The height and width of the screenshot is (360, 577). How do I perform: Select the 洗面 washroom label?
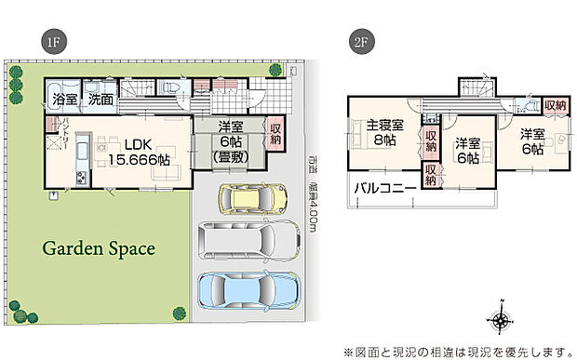tap(101, 98)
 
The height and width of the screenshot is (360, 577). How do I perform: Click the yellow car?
tap(248, 199)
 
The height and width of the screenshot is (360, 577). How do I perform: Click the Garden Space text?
tap(98, 249)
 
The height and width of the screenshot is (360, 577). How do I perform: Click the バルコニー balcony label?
tap(384, 192)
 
